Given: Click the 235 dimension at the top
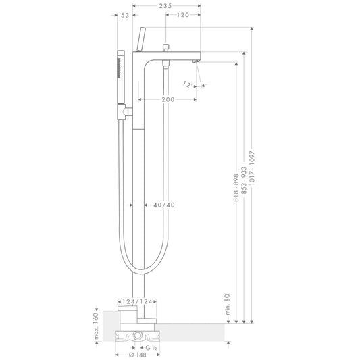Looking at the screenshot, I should pos(166,5).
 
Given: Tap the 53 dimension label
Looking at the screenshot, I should pos(125,15).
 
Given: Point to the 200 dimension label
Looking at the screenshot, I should pos(168,99).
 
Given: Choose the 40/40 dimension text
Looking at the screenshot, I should pos(165,205).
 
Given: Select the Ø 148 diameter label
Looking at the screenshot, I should pos(138,356).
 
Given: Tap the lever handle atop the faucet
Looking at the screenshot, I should pos(141,39).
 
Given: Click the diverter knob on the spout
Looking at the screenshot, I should pos(165,48).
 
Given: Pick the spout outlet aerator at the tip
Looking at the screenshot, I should pos(195,62).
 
